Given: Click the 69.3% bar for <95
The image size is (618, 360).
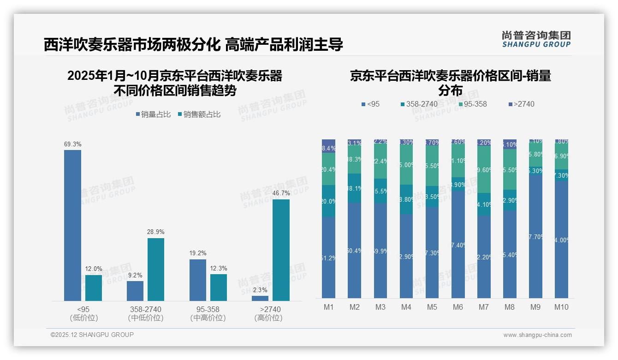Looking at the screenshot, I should click(72, 225).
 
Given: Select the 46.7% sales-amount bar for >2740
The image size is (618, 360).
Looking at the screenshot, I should click(281, 250).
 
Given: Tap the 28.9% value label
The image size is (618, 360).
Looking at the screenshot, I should click(155, 232).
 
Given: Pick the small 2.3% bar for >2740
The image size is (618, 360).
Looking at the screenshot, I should click(260, 298).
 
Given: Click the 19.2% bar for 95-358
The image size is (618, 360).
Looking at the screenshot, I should click(198, 280).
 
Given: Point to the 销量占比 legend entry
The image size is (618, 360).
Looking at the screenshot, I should click(153, 114).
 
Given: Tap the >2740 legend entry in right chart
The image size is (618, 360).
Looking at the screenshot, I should click(522, 104).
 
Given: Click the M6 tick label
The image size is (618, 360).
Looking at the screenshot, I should click(458, 307).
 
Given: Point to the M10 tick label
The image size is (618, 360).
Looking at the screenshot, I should click(561, 307).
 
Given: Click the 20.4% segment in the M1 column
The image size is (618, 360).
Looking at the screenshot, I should click(329, 169).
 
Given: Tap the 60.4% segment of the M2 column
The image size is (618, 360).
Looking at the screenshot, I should click(355, 251).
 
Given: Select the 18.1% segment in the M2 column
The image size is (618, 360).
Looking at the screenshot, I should click(355, 188).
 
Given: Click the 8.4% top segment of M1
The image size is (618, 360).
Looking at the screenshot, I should click(329, 146).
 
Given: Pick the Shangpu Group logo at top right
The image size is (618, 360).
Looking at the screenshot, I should click(536, 39).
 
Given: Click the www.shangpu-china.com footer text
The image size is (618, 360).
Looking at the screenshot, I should click(537, 335).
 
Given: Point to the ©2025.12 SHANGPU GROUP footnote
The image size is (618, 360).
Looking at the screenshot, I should click(92, 335).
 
